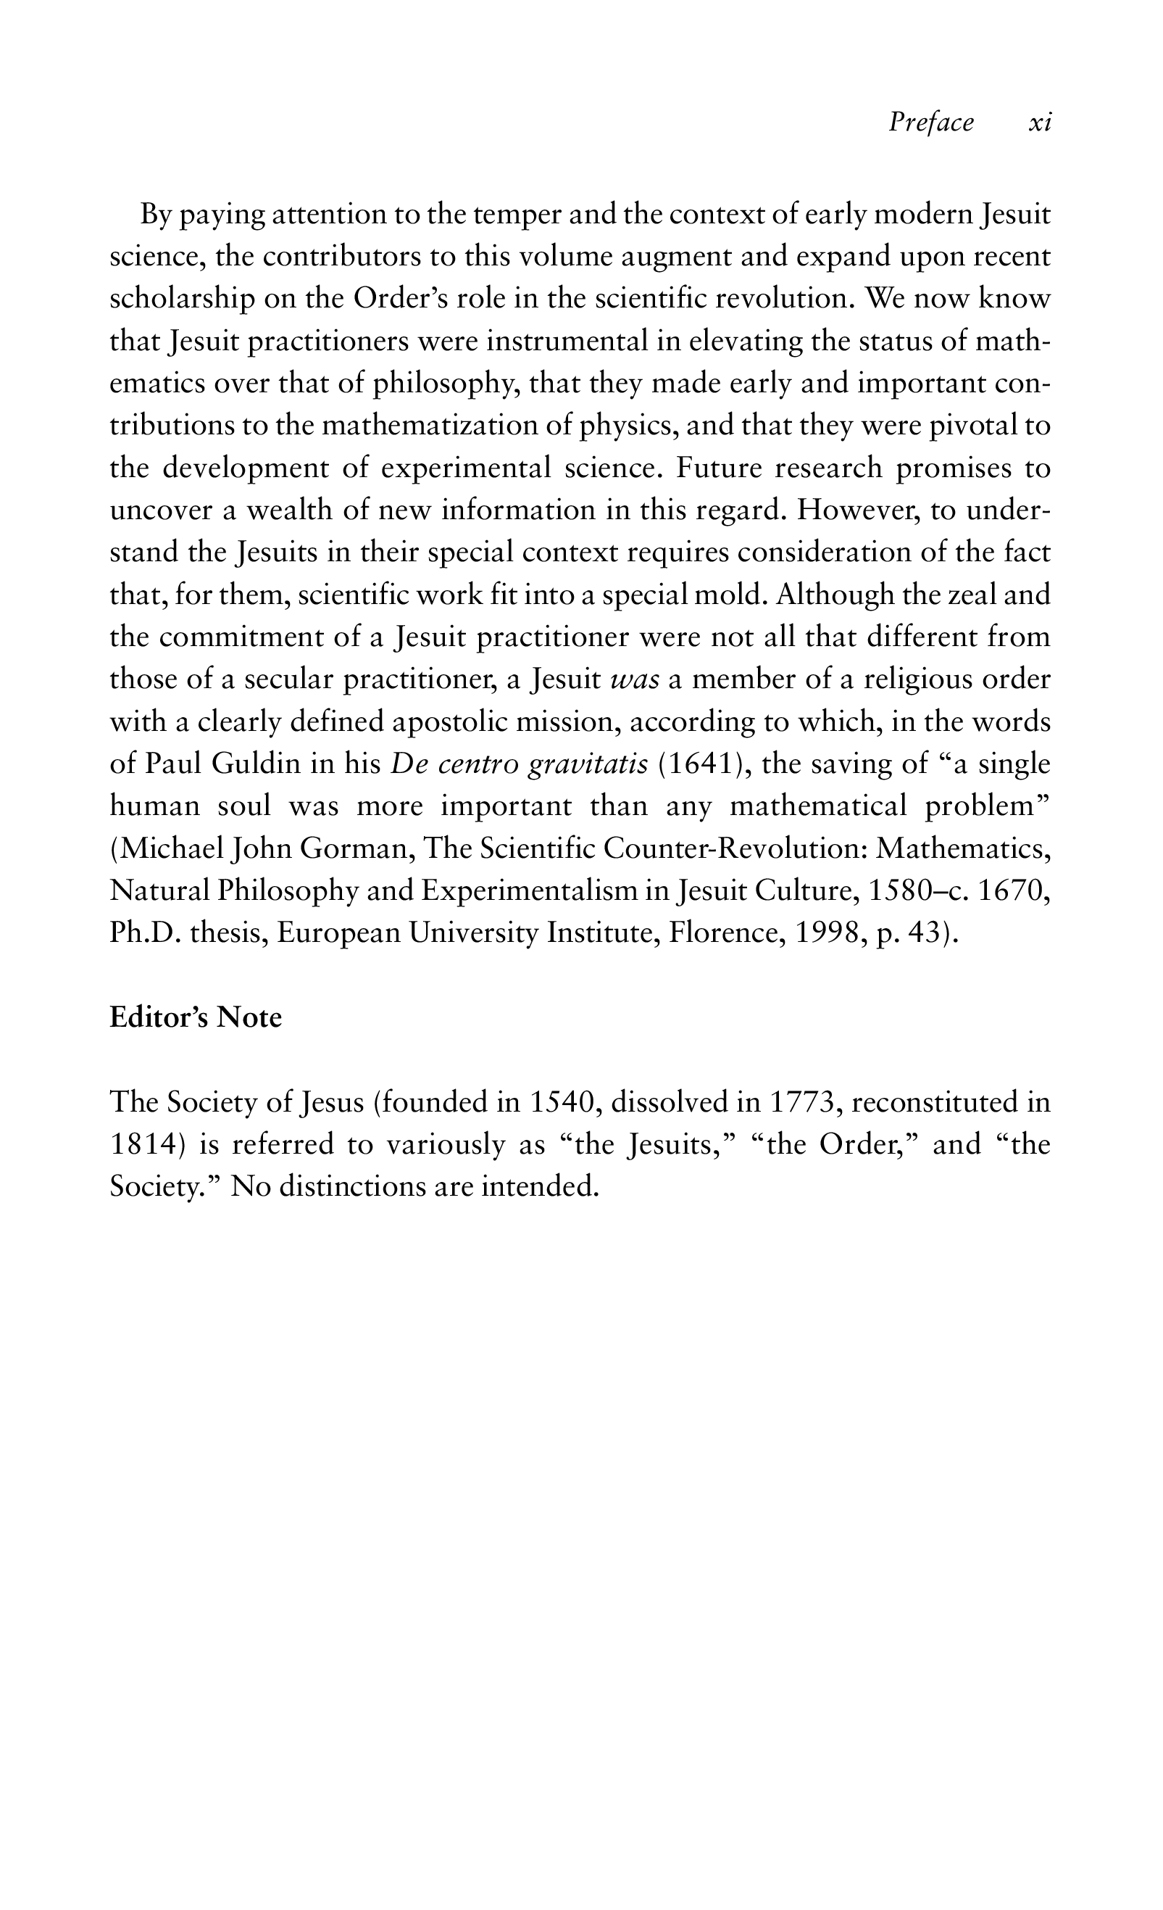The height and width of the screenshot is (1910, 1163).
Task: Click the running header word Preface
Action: tap(930, 123)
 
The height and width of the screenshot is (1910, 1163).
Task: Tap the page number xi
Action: tap(1040, 123)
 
